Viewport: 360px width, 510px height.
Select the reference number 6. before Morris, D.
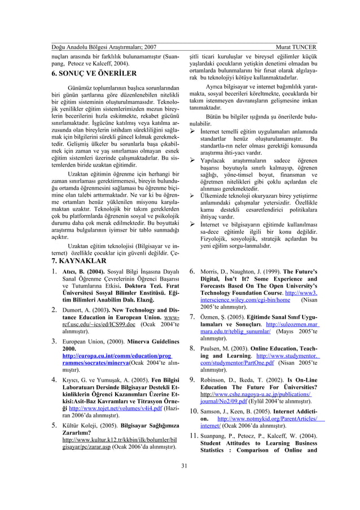coord(192,273)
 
